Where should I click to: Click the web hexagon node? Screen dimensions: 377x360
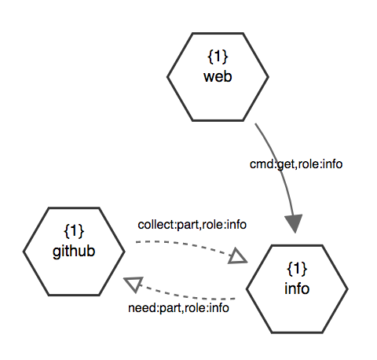(x=218, y=77)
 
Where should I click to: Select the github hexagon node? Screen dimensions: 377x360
(x=74, y=252)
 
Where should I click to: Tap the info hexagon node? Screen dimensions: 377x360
(x=297, y=289)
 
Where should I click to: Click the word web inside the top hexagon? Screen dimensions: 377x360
(x=218, y=76)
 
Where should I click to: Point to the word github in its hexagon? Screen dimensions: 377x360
(x=74, y=252)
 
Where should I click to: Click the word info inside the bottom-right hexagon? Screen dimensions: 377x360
(x=297, y=288)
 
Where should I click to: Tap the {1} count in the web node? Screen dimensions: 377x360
(x=218, y=57)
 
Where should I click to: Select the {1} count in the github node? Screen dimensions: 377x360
(x=74, y=231)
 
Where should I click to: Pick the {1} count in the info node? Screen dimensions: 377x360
(x=297, y=269)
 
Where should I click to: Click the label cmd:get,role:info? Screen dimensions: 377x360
(x=296, y=164)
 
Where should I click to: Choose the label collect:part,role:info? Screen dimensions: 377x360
(x=192, y=225)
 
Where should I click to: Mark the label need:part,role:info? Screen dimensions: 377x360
(x=178, y=308)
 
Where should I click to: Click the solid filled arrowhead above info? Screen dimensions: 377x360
(x=295, y=223)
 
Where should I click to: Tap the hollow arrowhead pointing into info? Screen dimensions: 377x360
(x=237, y=256)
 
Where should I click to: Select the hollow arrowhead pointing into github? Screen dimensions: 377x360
(x=134, y=284)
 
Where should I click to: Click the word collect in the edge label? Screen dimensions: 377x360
(x=156, y=225)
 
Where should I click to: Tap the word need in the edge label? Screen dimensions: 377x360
(x=142, y=308)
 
